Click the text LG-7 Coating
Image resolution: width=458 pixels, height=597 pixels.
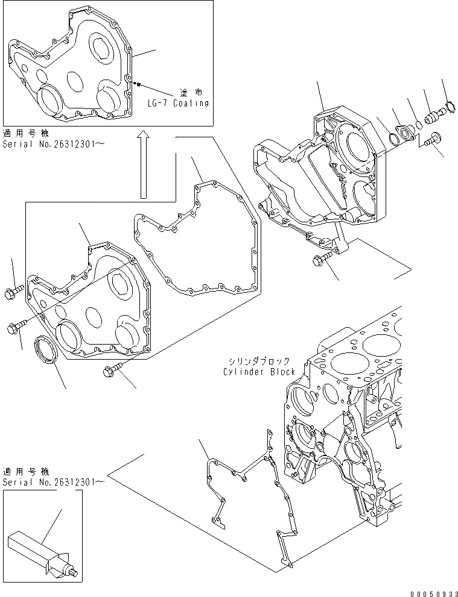(x=178, y=103)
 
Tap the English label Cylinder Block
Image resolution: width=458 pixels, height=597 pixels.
(x=259, y=372)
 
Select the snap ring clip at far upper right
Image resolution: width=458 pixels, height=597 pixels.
(x=447, y=110)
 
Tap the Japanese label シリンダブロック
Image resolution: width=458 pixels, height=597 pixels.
(x=259, y=361)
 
